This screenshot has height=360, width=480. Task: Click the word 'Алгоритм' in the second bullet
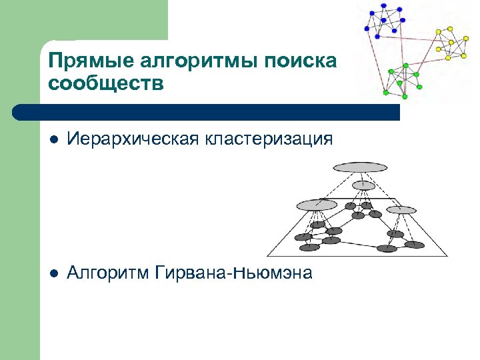click(x=109, y=273)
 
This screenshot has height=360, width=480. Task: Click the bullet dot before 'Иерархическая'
click(x=54, y=139)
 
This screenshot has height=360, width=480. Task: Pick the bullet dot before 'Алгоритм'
click(x=54, y=273)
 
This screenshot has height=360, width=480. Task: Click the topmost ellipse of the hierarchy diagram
click(x=360, y=167)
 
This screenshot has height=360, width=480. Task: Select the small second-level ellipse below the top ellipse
click(x=363, y=185)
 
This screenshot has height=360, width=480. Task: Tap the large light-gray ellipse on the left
click(x=317, y=205)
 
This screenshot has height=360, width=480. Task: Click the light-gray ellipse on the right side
click(x=401, y=210)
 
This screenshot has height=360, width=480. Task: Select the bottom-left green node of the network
click(x=386, y=92)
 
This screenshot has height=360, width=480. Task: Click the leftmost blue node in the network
click(x=367, y=29)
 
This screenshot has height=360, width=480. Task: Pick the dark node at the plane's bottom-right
click(x=415, y=245)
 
